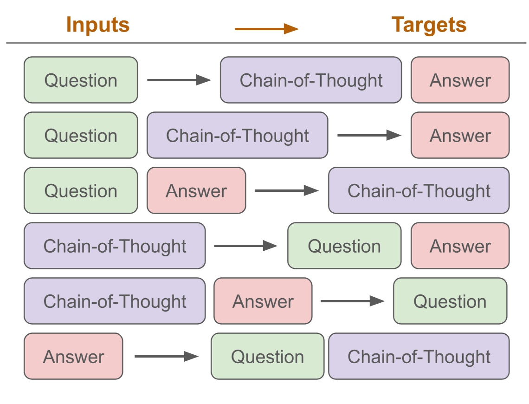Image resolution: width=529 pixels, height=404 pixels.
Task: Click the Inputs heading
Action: (x=97, y=25)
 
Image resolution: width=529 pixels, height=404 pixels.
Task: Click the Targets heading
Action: (x=429, y=25)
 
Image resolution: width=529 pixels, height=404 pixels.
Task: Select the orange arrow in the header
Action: (x=266, y=29)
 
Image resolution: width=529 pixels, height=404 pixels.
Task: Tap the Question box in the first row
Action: (x=81, y=80)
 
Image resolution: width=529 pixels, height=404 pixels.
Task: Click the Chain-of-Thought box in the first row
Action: (x=311, y=80)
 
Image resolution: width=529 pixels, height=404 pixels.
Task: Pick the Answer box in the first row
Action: (x=460, y=80)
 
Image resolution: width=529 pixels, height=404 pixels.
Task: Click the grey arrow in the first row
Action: (x=179, y=80)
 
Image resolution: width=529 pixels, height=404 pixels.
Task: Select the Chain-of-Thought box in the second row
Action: (x=237, y=135)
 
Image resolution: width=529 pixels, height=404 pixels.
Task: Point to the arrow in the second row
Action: (x=369, y=135)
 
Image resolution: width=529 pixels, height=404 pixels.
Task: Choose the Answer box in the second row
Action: (x=460, y=135)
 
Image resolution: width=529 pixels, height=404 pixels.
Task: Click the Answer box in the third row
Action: (x=196, y=190)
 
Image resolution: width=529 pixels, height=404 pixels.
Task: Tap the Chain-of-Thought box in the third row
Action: (x=419, y=190)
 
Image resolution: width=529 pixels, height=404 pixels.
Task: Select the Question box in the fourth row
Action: (x=344, y=246)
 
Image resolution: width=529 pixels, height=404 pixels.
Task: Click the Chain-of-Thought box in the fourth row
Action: (x=115, y=246)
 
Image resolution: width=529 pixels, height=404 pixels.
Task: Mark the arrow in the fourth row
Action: (x=245, y=246)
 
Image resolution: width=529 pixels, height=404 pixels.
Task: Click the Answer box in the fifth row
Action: (x=263, y=301)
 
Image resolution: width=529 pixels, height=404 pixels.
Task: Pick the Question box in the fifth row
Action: (x=450, y=301)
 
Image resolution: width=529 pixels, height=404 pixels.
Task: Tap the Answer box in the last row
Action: (x=73, y=356)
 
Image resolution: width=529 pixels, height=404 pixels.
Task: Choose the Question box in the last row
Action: (x=267, y=356)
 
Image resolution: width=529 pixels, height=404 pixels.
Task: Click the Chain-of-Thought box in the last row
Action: (x=419, y=356)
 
